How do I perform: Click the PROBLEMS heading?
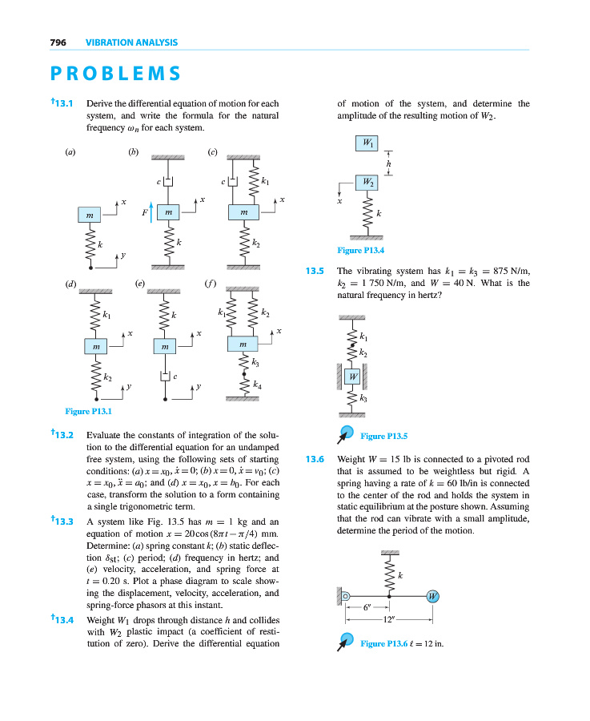click(115, 74)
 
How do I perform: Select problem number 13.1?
click(62, 103)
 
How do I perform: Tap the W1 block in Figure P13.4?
click(367, 143)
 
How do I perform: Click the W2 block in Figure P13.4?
click(367, 182)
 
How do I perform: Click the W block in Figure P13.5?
click(352, 375)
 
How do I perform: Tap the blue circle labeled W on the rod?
click(433, 596)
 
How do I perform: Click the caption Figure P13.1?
click(86, 412)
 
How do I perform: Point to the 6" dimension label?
click(367, 607)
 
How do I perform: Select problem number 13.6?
click(315, 460)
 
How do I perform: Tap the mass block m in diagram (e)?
click(163, 346)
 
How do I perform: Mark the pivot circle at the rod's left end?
click(346, 596)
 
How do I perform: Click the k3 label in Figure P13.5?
click(364, 397)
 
